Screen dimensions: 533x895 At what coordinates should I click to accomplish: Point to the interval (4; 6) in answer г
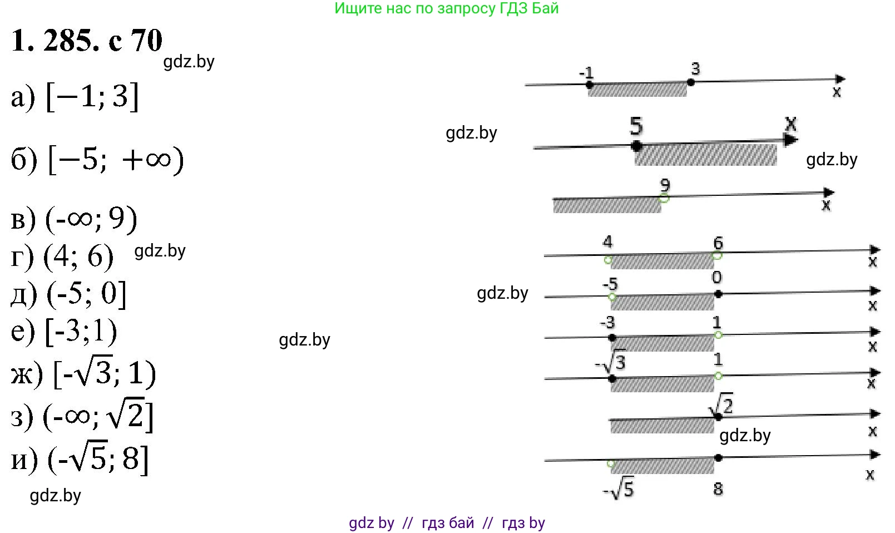pos(78,256)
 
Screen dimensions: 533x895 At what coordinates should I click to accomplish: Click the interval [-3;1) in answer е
pos(81,332)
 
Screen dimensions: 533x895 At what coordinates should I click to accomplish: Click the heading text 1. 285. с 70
pos(87,41)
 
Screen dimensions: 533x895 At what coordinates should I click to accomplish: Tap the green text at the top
pos(446,8)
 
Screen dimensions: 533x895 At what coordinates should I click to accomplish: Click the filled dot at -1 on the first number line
pos(590,85)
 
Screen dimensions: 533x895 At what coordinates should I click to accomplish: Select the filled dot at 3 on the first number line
pos(691,82)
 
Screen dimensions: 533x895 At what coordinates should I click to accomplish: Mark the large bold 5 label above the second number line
pos(636,126)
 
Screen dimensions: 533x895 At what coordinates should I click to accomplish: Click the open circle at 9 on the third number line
pos(664,198)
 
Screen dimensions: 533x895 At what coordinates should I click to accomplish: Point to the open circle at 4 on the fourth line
pos(608,259)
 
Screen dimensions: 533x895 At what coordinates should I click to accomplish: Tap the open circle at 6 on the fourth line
pos(717,255)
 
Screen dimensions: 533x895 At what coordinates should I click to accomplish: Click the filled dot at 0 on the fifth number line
pos(718,294)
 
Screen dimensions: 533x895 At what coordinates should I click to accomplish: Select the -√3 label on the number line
pos(611,363)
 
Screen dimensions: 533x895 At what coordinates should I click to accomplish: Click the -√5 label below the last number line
pos(619,489)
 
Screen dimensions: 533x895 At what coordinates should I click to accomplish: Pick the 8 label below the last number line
pos(718,489)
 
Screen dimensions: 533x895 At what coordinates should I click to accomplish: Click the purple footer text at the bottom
pos(447,523)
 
